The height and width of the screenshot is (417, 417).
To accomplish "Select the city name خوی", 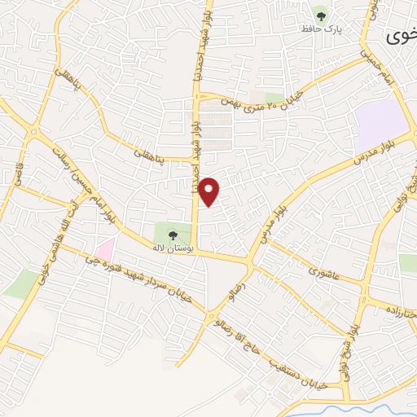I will pyautogui.click(x=402, y=37).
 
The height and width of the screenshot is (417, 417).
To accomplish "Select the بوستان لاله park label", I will pyautogui.click(x=169, y=245).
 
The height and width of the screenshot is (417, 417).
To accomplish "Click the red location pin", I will pyautogui.click(x=209, y=191).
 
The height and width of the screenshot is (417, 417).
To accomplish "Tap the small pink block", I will pyautogui.click(x=105, y=247).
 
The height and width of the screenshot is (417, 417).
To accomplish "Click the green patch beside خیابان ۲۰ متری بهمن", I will pyautogui.click(x=274, y=99).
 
